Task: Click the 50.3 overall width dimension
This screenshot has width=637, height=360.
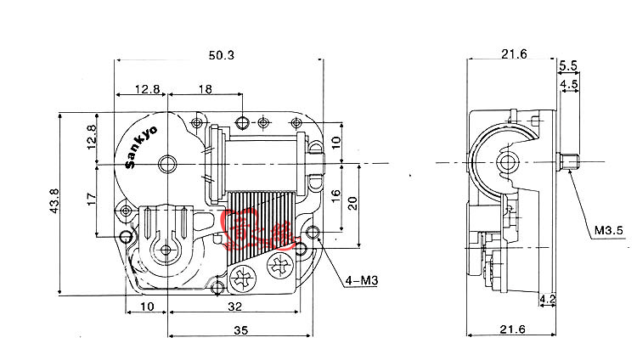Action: point(221,55)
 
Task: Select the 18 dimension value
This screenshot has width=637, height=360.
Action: point(205,89)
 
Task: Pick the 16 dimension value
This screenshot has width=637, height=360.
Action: point(335,194)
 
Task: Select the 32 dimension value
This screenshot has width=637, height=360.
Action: point(231,307)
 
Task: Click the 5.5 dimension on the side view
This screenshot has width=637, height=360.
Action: point(568,65)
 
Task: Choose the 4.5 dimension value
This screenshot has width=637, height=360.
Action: point(568,84)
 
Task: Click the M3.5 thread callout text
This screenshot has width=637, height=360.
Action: point(608,229)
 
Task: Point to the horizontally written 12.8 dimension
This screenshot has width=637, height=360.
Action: point(145,89)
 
